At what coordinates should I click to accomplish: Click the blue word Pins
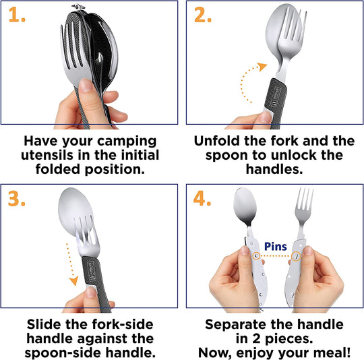276,246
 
